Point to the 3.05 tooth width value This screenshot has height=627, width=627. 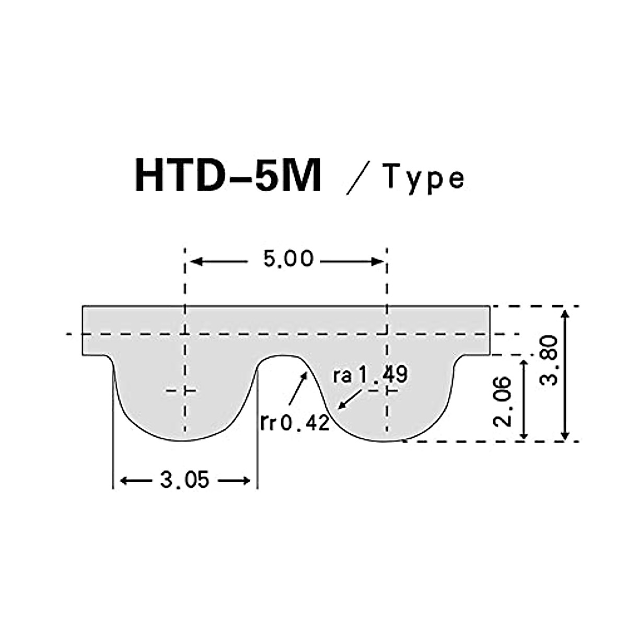pyautogui.click(x=184, y=480)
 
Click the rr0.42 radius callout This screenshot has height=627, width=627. pyautogui.click(x=295, y=422)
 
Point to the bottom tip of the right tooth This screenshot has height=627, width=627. pyautogui.click(x=387, y=440)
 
